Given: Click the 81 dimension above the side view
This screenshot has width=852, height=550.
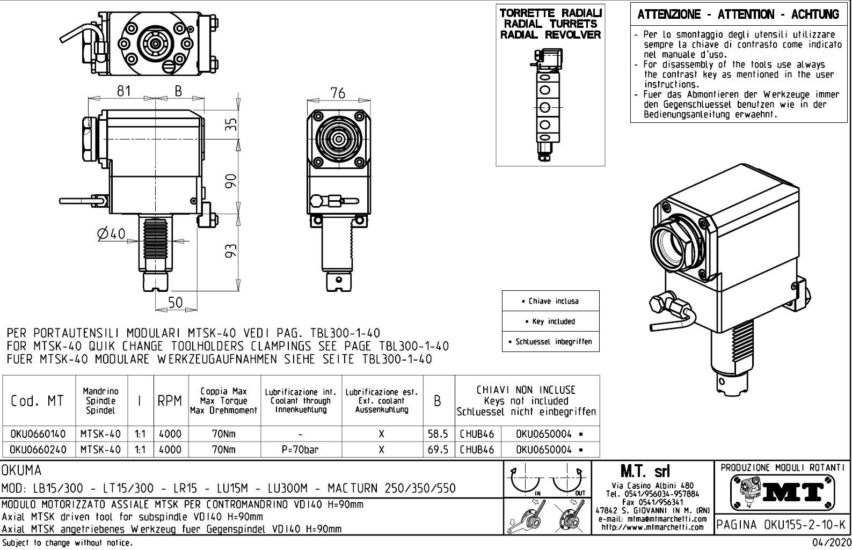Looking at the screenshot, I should [124, 91].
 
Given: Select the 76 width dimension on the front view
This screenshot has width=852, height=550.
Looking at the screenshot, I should [338, 93].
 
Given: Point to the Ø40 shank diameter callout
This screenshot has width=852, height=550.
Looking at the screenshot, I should [112, 233].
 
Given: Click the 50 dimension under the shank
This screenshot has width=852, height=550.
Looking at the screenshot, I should [176, 303].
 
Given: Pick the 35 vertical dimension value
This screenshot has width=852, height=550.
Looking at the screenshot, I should [230, 124].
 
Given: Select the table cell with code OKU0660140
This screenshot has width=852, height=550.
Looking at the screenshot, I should [38, 434].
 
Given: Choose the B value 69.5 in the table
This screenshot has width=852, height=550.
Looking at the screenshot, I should [438, 450].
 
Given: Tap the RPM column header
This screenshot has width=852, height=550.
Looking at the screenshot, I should [170, 401].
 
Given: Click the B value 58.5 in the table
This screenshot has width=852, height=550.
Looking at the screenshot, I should [438, 434].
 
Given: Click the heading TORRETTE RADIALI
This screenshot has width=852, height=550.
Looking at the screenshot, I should [550, 13].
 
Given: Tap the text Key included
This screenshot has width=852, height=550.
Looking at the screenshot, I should [550, 321].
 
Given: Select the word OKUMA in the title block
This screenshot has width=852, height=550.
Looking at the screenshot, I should [22, 471].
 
